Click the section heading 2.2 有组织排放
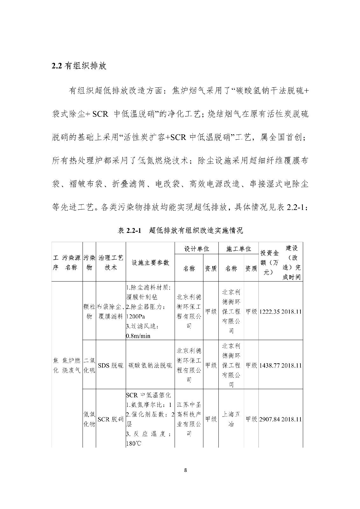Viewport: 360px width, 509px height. pos(79,66)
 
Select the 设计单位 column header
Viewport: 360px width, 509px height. pos(197,248)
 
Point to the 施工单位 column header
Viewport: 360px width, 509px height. pos(238,248)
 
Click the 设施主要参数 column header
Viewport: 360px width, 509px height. pos(150,262)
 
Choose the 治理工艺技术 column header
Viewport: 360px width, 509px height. pos(111,262)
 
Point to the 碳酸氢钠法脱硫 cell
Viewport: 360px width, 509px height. pos(150,365)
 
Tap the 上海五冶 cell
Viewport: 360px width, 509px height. pos(231,419)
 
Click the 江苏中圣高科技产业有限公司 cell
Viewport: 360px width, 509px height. pos(189,419)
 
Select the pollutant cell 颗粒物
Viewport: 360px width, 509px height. pos(89,311)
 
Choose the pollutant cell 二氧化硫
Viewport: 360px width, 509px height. pos(89,365)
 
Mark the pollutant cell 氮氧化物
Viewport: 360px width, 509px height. pos(89,419)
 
